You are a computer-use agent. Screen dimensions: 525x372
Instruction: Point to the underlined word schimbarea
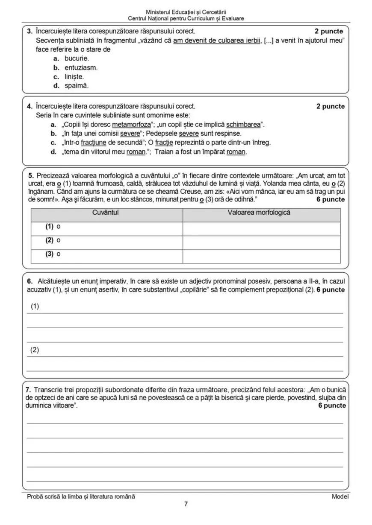tap(243, 125)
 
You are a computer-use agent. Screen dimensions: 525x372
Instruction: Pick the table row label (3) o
tap(53, 254)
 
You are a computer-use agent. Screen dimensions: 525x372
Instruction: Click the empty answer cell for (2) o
tap(261, 240)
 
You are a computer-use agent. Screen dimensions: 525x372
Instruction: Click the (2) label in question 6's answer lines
tap(35, 350)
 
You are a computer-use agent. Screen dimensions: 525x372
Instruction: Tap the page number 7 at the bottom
tap(186, 504)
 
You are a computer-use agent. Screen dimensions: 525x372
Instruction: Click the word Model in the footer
tap(340, 496)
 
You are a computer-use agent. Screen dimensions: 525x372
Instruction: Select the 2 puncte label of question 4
tap(330, 106)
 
